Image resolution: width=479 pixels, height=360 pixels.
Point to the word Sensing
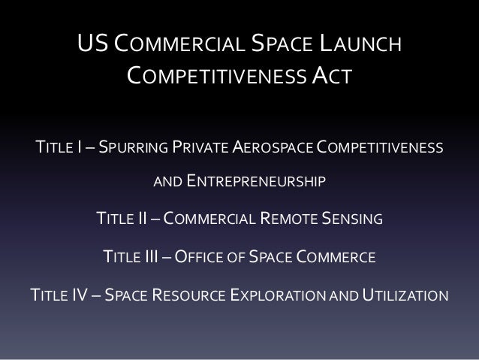[354, 219]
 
